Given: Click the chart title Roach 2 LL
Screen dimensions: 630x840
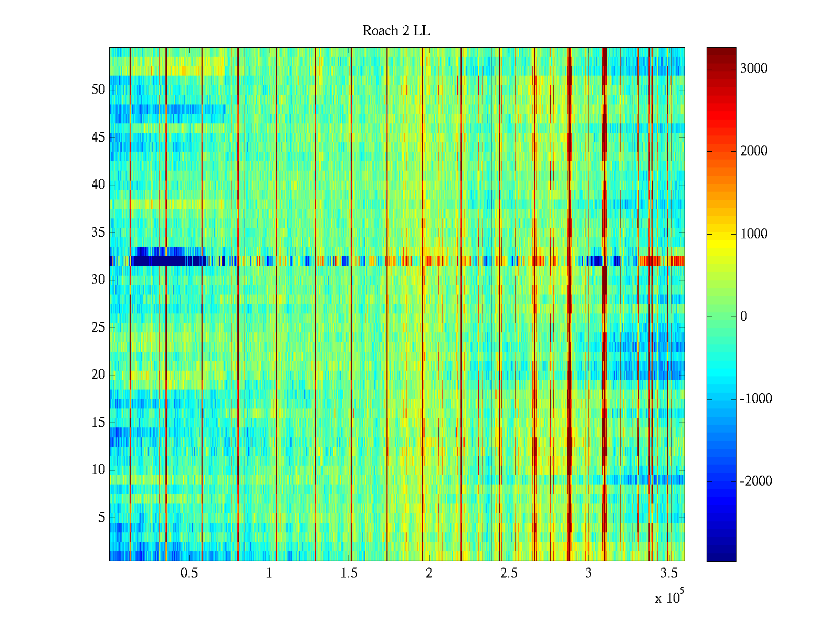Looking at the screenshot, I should coord(396,31).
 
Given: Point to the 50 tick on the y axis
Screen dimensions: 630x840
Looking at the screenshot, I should coord(98,90).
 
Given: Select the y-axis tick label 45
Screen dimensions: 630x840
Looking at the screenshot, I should coord(98,138).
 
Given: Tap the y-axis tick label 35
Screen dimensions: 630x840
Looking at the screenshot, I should coord(98,233).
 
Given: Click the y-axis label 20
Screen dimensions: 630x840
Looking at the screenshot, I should coord(98,375).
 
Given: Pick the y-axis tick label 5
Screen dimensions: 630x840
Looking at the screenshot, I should coord(101,518).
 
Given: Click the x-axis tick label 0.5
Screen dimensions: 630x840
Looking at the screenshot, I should coord(189,573).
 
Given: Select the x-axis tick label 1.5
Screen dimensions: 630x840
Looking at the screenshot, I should coord(349,573).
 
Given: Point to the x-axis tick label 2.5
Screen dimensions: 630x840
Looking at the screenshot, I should coord(509,573).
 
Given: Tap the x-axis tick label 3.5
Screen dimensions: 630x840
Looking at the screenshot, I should coord(669,573).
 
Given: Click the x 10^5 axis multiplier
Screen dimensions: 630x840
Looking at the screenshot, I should coord(669,597).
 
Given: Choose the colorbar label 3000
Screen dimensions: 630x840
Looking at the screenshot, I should coord(753,69).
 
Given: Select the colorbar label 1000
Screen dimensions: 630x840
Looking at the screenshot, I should coord(753,234).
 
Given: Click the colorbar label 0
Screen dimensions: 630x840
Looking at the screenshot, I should coord(743,317).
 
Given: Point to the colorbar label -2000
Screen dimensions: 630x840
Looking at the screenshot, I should coord(756,481).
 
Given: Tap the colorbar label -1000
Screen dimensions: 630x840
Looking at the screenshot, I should coord(756,399).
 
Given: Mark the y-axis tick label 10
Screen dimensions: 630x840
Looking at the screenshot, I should coord(98,470).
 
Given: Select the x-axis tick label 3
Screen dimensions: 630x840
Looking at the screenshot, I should coord(589,573).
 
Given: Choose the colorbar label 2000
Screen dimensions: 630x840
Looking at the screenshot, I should coord(753,151).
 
